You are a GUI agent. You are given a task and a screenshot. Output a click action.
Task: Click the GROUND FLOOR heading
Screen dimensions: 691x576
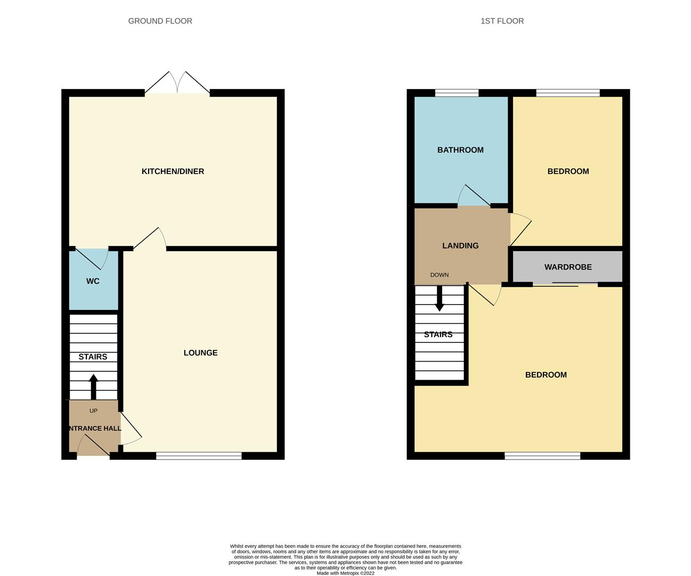(x=160, y=21)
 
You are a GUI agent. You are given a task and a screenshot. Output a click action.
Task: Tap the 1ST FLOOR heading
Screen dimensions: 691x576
(x=502, y=21)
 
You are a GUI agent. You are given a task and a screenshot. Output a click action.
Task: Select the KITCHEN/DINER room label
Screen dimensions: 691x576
(x=173, y=171)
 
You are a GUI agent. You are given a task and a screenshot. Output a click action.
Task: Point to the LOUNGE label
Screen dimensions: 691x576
(x=200, y=353)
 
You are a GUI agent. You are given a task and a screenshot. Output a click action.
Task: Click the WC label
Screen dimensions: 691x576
(x=93, y=281)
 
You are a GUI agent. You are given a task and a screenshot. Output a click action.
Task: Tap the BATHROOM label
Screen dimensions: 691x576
(x=460, y=150)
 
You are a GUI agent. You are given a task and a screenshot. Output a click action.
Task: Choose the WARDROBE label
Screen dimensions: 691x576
(x=568, y=267)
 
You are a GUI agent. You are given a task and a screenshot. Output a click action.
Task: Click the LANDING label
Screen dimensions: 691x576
(x=460, y=246)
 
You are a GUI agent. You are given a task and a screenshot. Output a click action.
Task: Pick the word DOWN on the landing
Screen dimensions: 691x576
(x=440, y=275)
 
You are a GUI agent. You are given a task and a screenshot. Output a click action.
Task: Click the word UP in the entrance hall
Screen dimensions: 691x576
(x=93, y=411)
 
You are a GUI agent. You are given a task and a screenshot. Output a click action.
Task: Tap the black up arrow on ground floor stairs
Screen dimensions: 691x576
(x=94, y=387)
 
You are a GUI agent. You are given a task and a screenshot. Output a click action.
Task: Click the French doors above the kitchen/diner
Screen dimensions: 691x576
(x=177, y=82)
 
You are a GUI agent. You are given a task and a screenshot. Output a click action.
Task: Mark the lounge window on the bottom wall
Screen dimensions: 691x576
(x=199, y=456)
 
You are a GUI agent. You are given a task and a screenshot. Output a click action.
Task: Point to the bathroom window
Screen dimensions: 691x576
(x=457, y=93)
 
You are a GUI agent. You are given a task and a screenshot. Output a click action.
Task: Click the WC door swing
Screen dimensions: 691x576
(x=91, y=259)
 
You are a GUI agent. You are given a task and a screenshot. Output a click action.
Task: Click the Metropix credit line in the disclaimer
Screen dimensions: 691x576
(x=345, y=573)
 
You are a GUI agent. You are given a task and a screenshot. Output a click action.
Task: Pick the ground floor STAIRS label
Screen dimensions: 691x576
(x=93, y=357)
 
